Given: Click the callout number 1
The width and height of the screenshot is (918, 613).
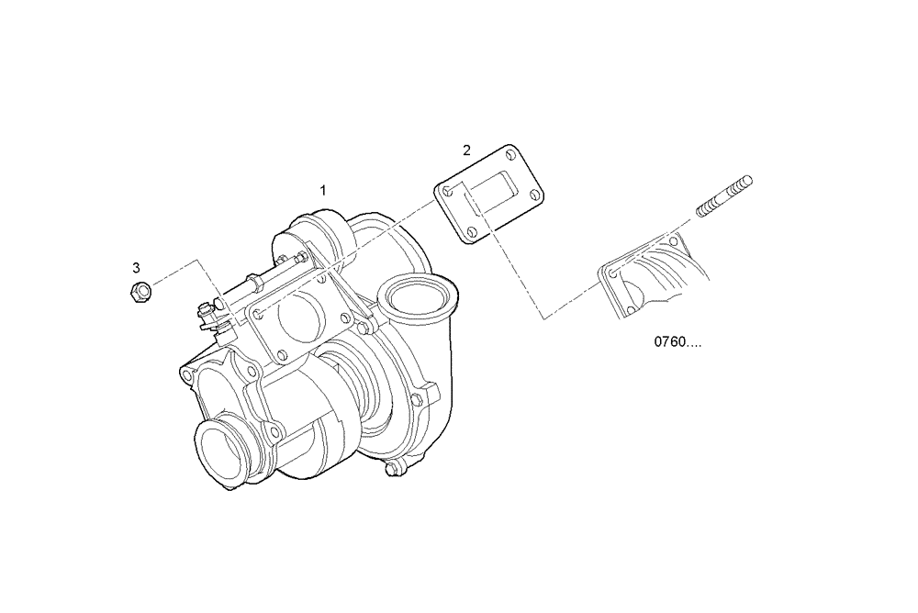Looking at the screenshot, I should [323, 190].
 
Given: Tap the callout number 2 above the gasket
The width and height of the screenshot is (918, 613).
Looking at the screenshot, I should [466, 150].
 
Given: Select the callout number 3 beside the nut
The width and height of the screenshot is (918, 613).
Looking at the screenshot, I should [137, 268].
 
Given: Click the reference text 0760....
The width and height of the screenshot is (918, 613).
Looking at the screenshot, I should [677, 342].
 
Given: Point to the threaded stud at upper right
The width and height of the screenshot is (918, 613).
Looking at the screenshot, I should [723, 196].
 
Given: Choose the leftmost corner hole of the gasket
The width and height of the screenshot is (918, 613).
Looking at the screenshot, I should [445, 190].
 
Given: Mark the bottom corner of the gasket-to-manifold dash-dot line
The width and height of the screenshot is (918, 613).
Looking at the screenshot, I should [545, 318].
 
